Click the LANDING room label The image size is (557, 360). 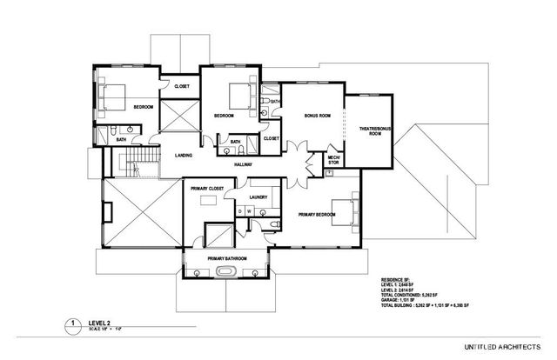point(183,156)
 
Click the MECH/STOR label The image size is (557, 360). point(332,158)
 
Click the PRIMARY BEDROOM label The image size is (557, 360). point(316,213)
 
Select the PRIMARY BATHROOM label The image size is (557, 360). point(227,258)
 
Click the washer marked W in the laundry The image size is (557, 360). point(250,210)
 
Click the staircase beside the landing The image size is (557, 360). point(135,165)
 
